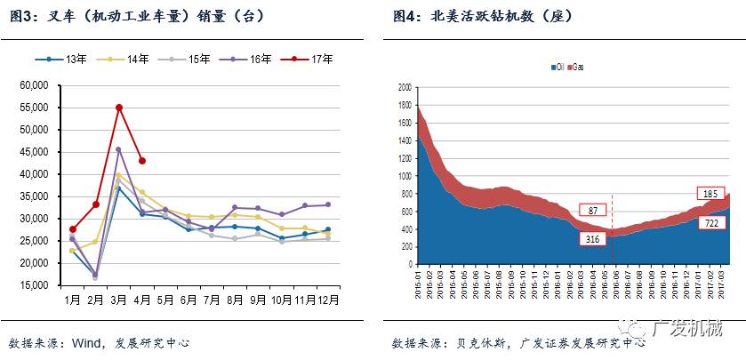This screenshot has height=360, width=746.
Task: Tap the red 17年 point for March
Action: (x=119, y=108)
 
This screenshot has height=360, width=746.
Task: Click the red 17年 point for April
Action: (x=142, y=161)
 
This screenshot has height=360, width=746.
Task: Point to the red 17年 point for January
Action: (x=73, y=229)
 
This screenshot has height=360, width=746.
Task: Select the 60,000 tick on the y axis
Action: (x=33, y=85)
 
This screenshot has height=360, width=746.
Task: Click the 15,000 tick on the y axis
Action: (x=33, y=285)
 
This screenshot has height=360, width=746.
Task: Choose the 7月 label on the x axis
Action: (x=212, y=300)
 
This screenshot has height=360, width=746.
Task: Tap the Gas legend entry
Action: (x=576, y=68)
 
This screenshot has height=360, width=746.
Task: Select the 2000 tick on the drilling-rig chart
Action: (x=405, y=87)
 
